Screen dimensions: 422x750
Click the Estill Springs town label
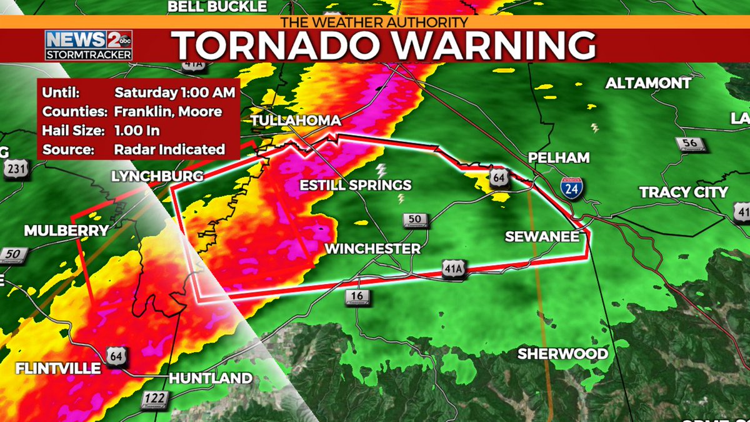tap(356, 185)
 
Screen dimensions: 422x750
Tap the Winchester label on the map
tap(372, 249)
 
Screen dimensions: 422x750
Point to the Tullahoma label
tap(296, 121)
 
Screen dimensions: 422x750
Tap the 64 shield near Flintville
tap(116, 355)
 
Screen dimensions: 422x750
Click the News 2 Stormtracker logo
tap(88, 45)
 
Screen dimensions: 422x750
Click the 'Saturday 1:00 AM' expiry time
tap(174, 93)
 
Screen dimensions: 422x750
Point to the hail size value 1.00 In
tap(137, 131)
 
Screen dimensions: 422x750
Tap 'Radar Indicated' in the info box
tap(169, 149)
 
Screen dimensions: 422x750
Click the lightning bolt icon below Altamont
tap(594, 128)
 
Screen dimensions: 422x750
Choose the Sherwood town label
tap(562, 354)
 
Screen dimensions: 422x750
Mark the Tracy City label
tap(683, 192)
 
